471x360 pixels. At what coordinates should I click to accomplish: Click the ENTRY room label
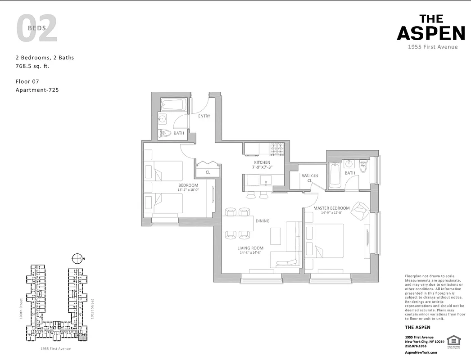[204, 116]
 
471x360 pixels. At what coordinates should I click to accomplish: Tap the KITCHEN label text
[262, 162]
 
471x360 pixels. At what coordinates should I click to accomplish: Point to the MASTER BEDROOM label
[331, 208]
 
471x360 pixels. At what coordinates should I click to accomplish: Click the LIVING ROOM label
[251, 248]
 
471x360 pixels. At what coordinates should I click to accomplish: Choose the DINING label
[263, 221]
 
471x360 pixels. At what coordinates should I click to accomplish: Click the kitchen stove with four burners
[277, 148]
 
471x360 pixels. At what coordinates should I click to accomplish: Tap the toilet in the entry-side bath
[165, 133]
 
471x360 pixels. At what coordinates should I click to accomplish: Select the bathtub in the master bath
[335, 175]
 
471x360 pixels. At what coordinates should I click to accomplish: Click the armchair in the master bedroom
[362, 210]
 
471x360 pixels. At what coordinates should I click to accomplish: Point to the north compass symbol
[78, 258]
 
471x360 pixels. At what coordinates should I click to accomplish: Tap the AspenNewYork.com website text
[421, 353]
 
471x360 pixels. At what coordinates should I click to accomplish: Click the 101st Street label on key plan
[91, 309]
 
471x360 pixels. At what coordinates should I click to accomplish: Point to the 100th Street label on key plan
[21, 310]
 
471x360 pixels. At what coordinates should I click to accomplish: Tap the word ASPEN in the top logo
[430, 33]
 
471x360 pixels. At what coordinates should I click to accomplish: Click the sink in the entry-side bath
[163, 119]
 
